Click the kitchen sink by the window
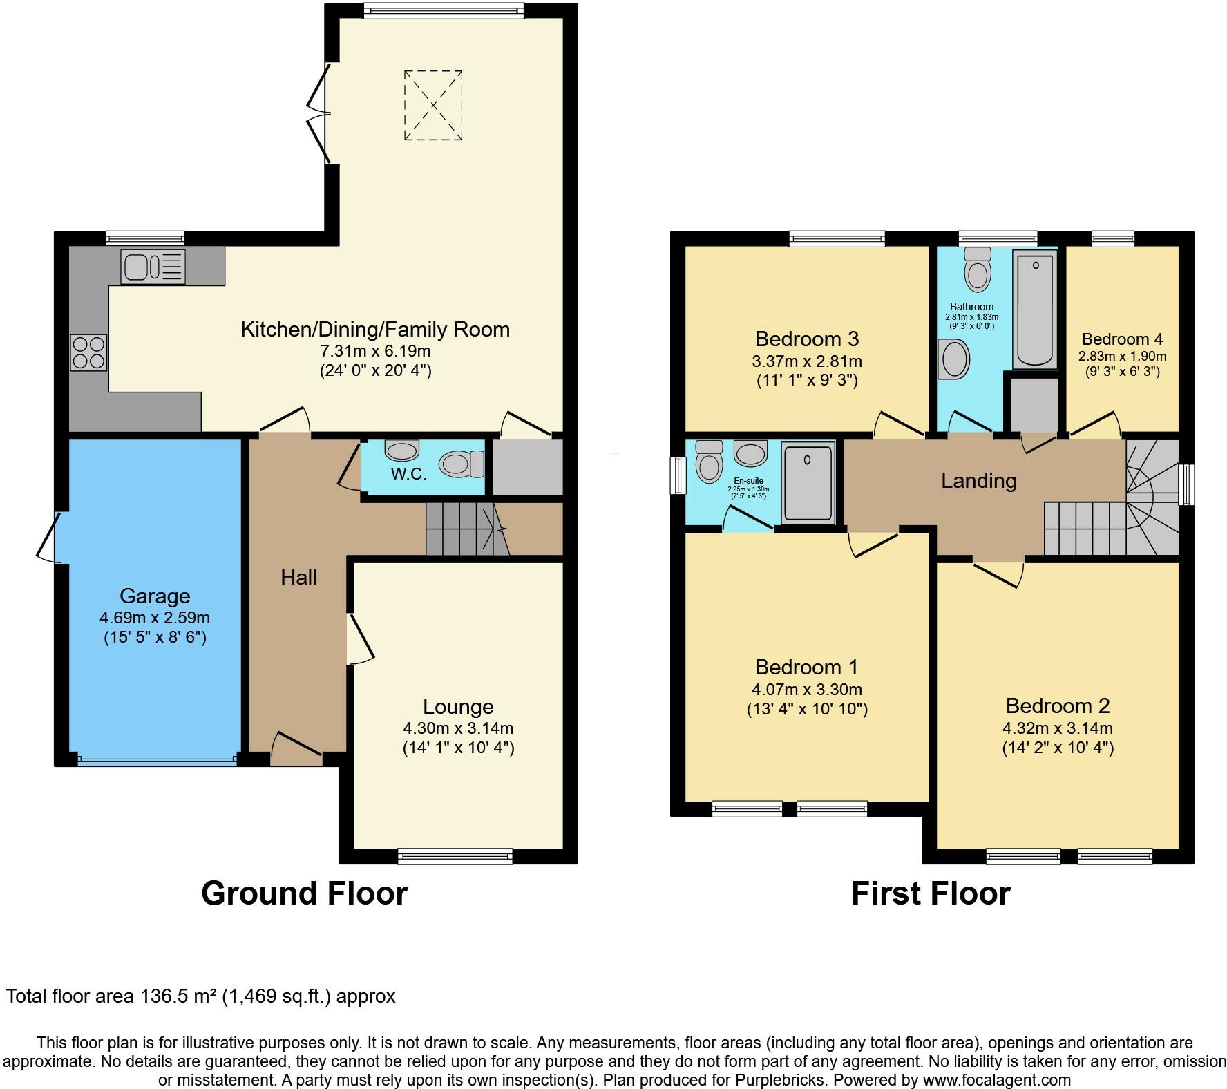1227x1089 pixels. coord(153,267)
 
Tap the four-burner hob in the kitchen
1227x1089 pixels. coord(88,352)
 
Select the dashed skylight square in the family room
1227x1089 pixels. coord(433,105)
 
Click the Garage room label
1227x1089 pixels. coord(155,596)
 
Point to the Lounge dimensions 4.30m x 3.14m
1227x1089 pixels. coord(458,728)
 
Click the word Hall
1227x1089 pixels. coord(298,577)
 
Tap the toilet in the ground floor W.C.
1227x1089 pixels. coord(464,464)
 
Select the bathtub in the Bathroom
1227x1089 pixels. coord(1034,309)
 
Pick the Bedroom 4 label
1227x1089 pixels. coord(1122,339)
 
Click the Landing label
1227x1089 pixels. coord(978,480)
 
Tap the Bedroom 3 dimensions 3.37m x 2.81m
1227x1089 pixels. coord(806,361)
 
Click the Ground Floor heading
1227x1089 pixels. coord(304,893)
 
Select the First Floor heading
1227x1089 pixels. coord(930,893)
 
